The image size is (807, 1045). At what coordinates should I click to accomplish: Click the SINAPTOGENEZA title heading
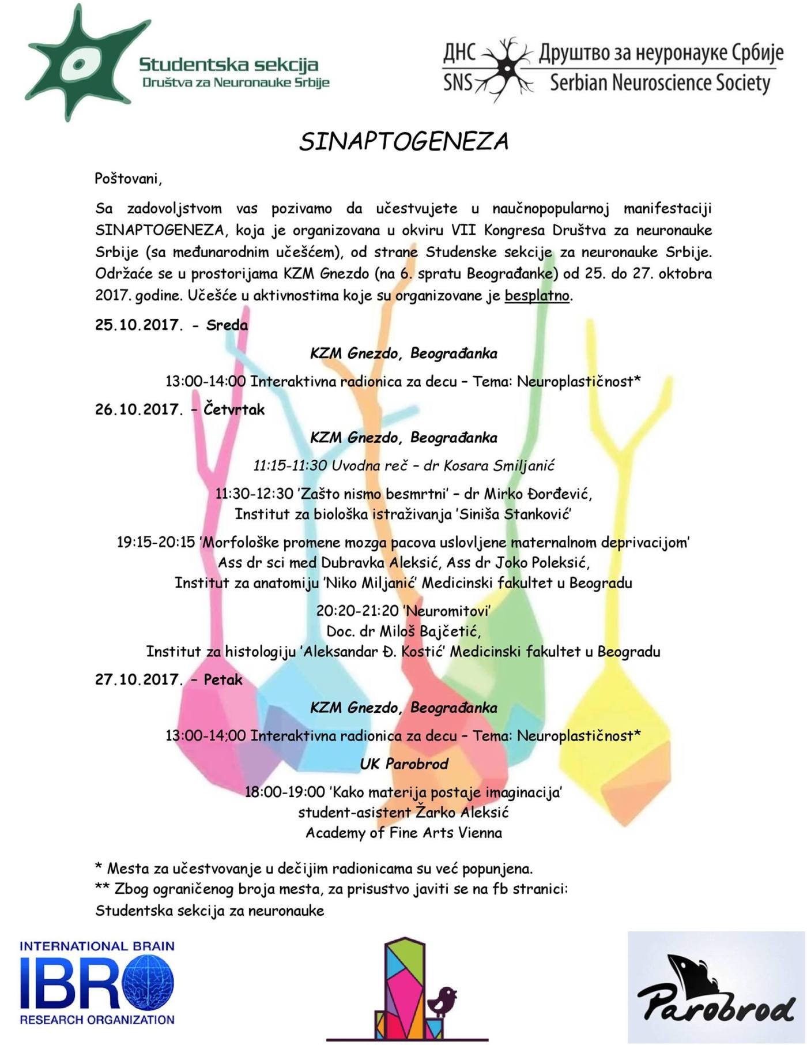coord(403,141)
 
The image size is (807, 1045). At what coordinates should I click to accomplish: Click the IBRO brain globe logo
coord(148,982)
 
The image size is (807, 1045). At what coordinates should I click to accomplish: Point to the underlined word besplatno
coord(537,296)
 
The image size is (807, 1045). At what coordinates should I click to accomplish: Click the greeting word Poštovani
coord(128,179)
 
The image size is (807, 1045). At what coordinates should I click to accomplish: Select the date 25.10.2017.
coord(138,325)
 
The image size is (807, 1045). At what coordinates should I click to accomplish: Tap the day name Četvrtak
coord(234,410)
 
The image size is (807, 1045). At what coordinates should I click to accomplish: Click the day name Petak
coord(223,680)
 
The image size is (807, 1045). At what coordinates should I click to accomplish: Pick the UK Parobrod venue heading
coord(403,764)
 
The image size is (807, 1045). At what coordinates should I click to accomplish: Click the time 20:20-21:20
coord(357,611)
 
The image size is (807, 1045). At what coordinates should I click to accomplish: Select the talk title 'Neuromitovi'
coord(447,611)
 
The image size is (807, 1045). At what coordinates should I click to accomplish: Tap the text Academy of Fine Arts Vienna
coord(403,833)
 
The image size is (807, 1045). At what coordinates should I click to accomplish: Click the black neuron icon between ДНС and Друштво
coord(507,69)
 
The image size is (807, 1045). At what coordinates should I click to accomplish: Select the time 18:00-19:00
coord(285,792)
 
